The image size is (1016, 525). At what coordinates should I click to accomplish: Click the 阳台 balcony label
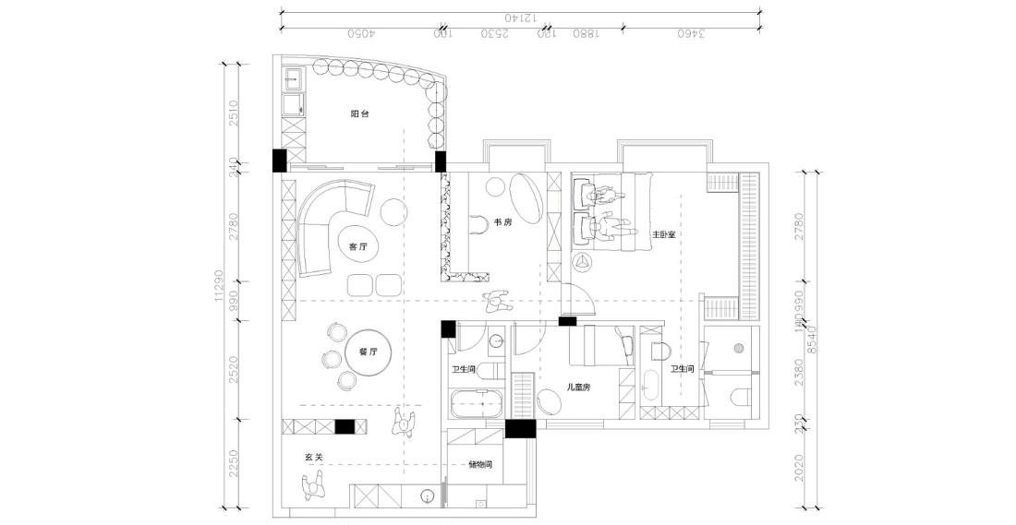click(360, 114)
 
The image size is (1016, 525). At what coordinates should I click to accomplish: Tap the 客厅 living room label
click(358, 247)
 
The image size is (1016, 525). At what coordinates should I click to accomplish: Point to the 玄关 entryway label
click(314, 457)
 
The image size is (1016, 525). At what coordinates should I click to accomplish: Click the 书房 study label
click(503, 222)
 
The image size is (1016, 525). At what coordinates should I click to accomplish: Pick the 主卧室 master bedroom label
click(664, 235)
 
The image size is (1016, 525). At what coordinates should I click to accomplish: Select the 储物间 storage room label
click(480, 465)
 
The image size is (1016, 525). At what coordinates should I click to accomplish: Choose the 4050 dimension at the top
click(359, 34)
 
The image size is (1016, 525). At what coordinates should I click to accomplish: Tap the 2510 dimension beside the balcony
click(234, 113)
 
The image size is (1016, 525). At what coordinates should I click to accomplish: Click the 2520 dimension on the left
click(234, 369)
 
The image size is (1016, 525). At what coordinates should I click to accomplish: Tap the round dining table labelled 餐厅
click(368, 352)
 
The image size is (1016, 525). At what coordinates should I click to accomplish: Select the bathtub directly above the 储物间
click(475, 403)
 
